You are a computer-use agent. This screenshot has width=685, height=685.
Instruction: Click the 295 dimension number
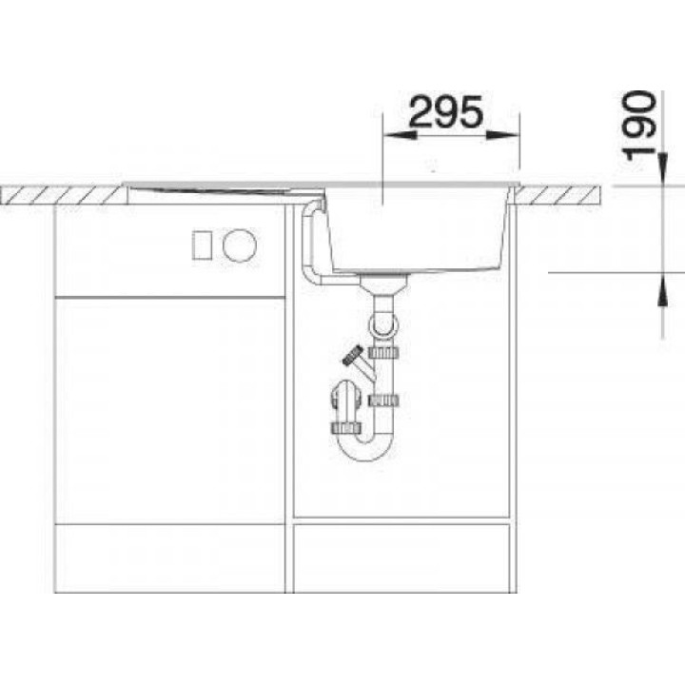tap(446, 112)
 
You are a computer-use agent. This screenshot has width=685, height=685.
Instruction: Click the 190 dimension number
tap(639, 126)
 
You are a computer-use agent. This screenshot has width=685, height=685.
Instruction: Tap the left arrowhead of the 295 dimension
tap(400, 135)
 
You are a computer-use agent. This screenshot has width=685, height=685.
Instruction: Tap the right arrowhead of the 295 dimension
tap(503, 135)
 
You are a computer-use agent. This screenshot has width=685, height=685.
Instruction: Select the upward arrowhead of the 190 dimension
tap(663, 289)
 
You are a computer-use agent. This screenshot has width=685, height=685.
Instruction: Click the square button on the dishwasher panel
tap(203, 245)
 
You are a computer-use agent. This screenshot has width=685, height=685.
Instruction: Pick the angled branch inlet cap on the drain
tap(353, 355)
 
